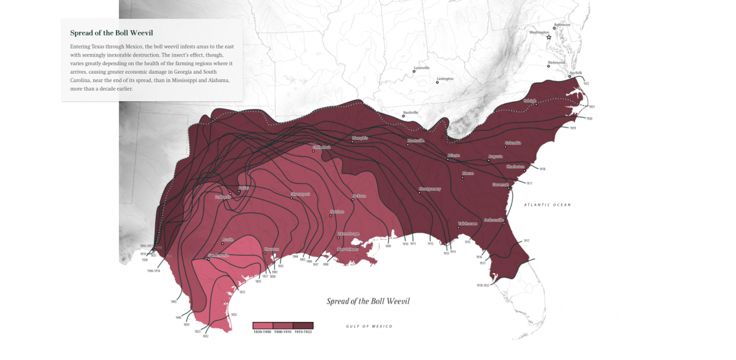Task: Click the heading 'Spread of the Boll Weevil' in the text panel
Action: (112, 33)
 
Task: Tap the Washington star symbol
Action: (549, 37)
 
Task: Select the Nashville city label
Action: (410, 113)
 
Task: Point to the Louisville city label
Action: (422, 67)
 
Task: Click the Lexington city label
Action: (445, 79)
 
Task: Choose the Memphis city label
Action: (360, 138)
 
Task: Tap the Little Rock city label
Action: (322, 147)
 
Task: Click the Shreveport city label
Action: (301, 194)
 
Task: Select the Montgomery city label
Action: (430, 189)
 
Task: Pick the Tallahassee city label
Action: (467, 223)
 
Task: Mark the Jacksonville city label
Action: (494, 220)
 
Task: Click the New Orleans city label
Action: (348, 249)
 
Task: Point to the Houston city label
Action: (272, 249)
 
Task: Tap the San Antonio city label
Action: (218, 255)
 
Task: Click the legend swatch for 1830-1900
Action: (263, 326)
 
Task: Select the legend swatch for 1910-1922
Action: (303, 326)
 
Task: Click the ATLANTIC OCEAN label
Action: (547, 205)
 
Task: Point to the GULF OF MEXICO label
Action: (369, 326)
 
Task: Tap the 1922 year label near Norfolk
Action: (586, 83)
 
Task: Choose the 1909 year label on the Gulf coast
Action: (388, 245)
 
